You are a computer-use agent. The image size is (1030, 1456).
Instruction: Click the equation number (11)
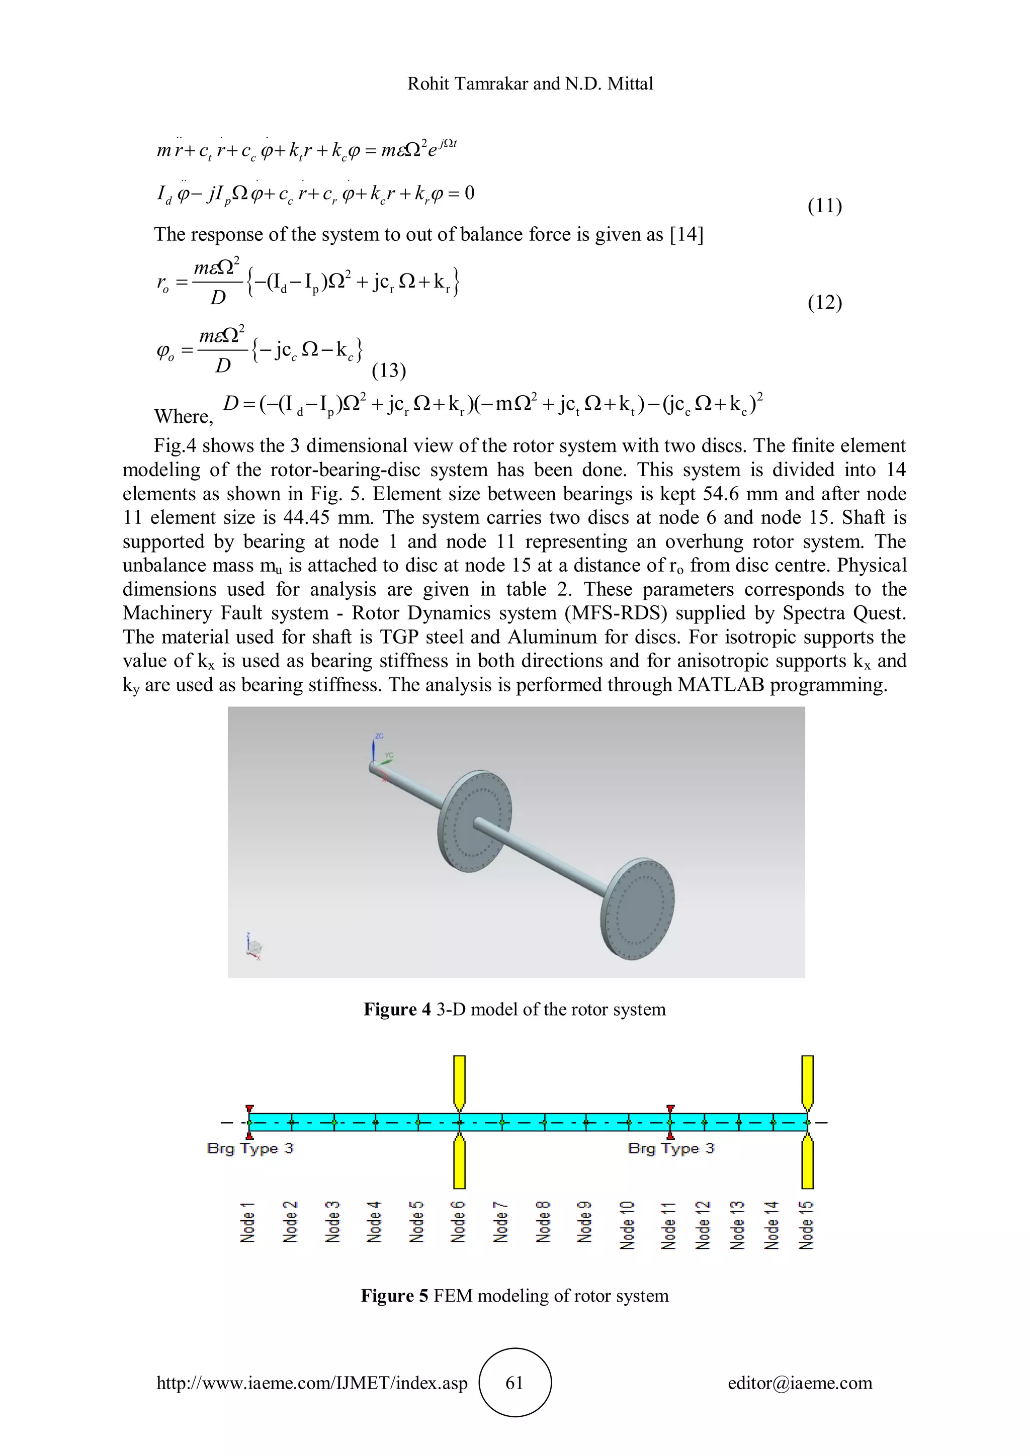[824, 206]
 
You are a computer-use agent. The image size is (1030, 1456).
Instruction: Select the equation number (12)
[824, 303]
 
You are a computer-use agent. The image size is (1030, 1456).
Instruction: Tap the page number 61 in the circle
[514, 1383]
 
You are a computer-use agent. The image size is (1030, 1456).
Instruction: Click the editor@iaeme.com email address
[799, 1383]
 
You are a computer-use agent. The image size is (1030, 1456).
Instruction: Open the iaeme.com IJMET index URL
[312, 1383]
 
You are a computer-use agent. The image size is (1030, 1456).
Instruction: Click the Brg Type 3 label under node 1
[250, 1148]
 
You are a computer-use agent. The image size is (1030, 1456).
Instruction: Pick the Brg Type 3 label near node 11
[670, 1148]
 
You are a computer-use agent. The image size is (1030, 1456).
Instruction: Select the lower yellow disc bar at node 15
[807, 1164]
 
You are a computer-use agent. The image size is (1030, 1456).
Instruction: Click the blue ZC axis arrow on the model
[374, 748]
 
